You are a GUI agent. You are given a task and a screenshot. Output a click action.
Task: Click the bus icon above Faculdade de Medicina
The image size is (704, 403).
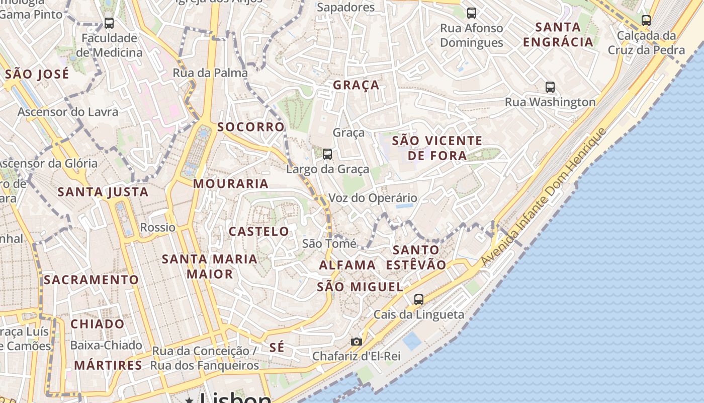[x=109, y=23]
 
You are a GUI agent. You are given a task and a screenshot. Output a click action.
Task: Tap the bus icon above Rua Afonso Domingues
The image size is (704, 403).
[x=471, y=13]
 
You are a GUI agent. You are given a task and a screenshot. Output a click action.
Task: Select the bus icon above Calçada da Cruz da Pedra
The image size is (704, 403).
[x=646, y=21]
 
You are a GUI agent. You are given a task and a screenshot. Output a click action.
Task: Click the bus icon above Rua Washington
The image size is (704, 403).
[x=550, y=87]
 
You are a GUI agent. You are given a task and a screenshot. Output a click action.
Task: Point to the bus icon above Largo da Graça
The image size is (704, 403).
[x=327, y=154]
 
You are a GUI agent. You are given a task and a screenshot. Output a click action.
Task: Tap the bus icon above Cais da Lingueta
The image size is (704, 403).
[x=418, y=300]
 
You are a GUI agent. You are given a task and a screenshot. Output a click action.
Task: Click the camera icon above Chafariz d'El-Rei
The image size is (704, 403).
[x=356, y=342]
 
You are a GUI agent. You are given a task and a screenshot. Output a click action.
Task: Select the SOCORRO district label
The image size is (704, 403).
[x=251, y=127]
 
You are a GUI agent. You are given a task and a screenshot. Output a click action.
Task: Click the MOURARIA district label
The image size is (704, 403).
[x=231, y=184]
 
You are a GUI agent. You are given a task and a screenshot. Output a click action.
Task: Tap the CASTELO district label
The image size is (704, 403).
[x=259, y=232]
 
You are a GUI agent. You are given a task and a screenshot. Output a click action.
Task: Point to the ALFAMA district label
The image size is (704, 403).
[x=347, y=265]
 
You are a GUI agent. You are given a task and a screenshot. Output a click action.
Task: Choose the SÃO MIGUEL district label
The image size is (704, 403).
[x=360, y=287]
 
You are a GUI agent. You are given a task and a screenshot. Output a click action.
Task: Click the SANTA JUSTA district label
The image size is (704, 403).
[x=103, y=192]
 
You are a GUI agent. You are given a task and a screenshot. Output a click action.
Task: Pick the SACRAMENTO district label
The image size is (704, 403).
[x=91, y=280]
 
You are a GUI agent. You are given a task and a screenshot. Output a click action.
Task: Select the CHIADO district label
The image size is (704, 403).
[x=98, y=324]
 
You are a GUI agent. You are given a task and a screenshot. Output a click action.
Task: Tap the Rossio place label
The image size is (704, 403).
[x=158, y=227]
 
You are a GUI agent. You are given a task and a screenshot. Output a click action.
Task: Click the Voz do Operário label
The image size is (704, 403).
[x=373, y=198]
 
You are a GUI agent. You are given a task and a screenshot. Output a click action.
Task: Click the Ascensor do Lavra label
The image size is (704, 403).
[x=68, y=112]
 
